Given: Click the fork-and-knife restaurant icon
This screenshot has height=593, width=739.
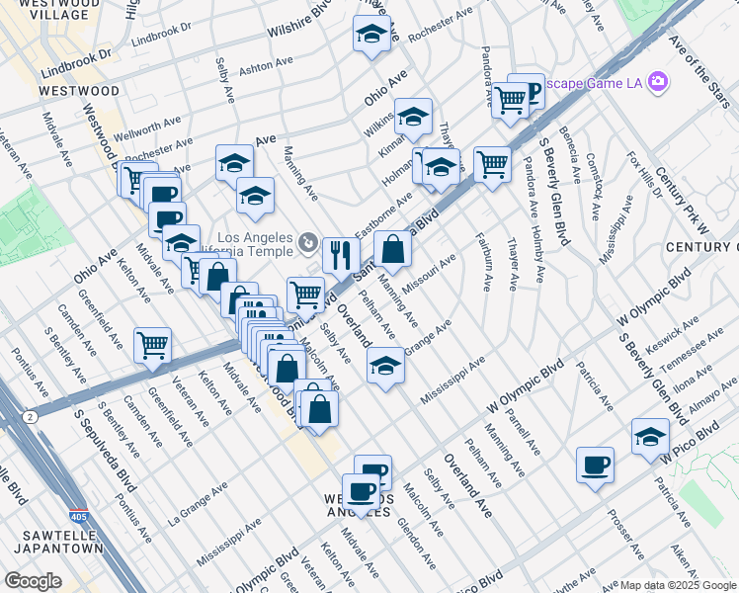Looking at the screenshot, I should tap(340, 255).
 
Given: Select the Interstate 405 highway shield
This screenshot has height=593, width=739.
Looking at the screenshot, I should tap(78, 516).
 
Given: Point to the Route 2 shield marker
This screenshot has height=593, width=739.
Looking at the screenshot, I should tap(32, 418).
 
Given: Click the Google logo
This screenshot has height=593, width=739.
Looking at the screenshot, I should tap(34, 581).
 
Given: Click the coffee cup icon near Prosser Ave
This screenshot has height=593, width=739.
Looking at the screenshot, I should tap(595, 465).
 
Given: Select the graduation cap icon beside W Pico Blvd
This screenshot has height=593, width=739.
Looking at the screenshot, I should tap(650, 436).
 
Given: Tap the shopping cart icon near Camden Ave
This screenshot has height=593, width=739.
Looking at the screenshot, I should tap(152, 345).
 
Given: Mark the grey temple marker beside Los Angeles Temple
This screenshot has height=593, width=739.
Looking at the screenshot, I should tap(308, 242).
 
